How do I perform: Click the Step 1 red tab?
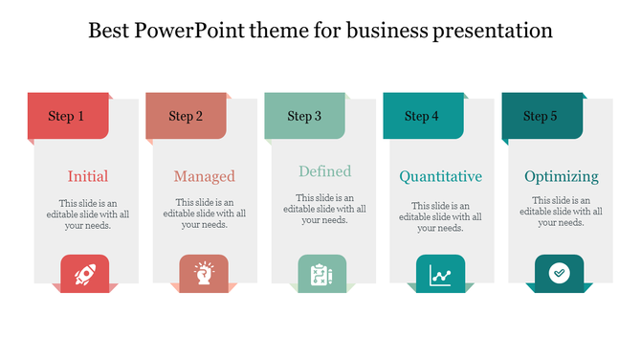click(68, 116)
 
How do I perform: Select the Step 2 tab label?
click(186, 116)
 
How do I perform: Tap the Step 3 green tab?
click(304, 116)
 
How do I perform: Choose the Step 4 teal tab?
click(422, 116)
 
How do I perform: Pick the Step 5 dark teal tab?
click(541, 116)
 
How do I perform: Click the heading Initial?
click(87, 176)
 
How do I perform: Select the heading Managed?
click(204, 176)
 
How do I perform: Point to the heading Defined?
click(324, 171)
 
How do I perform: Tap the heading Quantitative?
click(440, 176)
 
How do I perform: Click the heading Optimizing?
click(561, 176)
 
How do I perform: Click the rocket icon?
click(84, 275)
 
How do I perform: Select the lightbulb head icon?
click(203, 275)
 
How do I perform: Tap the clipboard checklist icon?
click(321, 275)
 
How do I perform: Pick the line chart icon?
click(440, 276)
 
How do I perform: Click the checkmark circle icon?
click(559, 274)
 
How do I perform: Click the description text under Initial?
click(87, 214)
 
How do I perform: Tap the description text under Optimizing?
click(561, 212)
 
